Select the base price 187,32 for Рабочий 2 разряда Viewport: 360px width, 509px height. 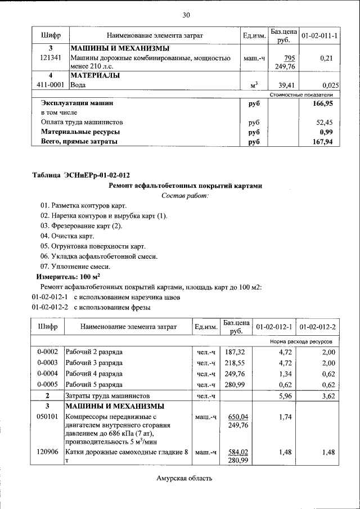point(236,352)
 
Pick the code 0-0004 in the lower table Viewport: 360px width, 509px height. point(48,373)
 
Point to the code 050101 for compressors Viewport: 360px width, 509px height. point(48,417)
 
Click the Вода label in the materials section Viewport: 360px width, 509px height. point(79,85)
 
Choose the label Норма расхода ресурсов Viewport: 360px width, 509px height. point(301,341)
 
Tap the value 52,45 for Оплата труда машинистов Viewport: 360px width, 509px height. point(323,122)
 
